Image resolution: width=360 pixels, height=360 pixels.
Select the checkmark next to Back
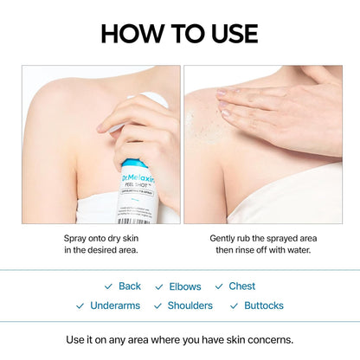coord(108,286)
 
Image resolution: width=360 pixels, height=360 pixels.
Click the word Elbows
coord(184,286)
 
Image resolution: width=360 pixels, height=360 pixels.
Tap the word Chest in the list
coord(241,286)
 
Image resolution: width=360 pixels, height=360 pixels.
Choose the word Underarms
coord(114,305)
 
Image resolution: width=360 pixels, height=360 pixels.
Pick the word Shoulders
coord(190,305)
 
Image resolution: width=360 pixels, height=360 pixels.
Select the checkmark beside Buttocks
coord(235,305)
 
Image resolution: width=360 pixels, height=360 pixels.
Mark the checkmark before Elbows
coord(159,286)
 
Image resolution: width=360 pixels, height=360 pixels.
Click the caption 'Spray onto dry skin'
coord(101,237)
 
